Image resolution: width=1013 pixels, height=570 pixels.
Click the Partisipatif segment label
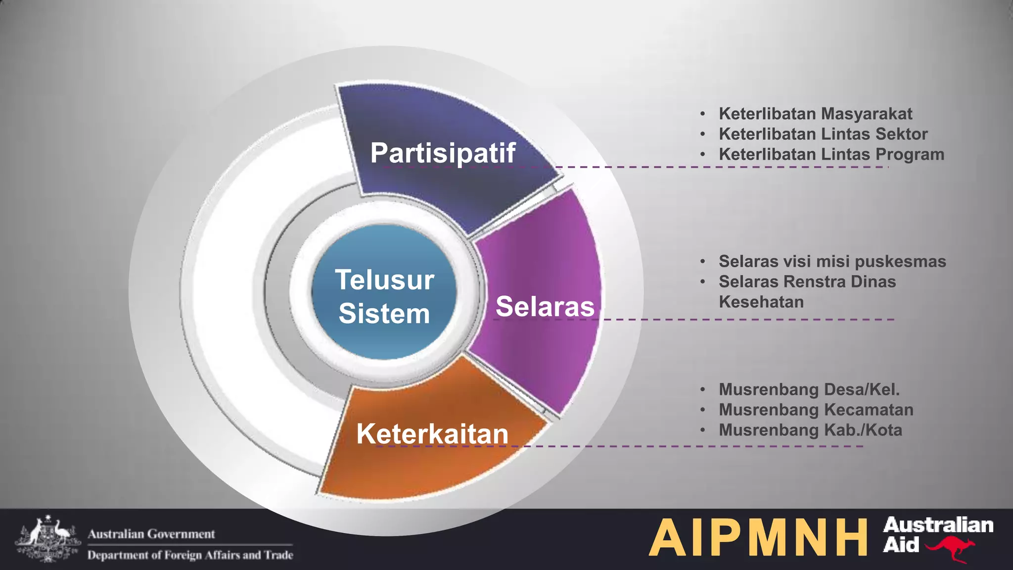tap(443, 153)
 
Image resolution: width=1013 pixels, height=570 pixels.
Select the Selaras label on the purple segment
tap(545, 306)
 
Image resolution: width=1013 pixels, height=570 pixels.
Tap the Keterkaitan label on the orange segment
tap(432, 434)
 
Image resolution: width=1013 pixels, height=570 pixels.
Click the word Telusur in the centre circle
tap(384, 280)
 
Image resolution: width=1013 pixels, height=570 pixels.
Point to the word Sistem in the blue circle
tap(384, 314)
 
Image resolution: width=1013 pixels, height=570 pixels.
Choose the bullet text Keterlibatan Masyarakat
tap(815, 114)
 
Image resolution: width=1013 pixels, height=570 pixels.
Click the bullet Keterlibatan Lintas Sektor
tap(823, 134)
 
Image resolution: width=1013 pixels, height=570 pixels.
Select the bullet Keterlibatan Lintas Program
tap(831, 154)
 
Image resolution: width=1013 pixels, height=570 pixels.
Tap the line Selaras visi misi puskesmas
tap(832, 261)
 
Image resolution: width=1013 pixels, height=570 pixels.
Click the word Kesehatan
tap(761, 302)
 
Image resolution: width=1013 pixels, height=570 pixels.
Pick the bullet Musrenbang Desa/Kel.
tap(809, 389)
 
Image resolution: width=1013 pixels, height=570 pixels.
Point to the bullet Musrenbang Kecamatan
tap(816, 410)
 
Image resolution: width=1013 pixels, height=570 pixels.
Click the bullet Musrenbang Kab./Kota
tap(810, 430)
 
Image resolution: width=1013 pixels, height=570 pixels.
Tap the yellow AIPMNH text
tap(758, 538)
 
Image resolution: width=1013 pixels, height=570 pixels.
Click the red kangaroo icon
tap(951, 549)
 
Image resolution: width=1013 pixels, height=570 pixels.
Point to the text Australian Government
tap(151, 534)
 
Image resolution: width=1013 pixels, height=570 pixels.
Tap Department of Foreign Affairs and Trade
tap(190, 555)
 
